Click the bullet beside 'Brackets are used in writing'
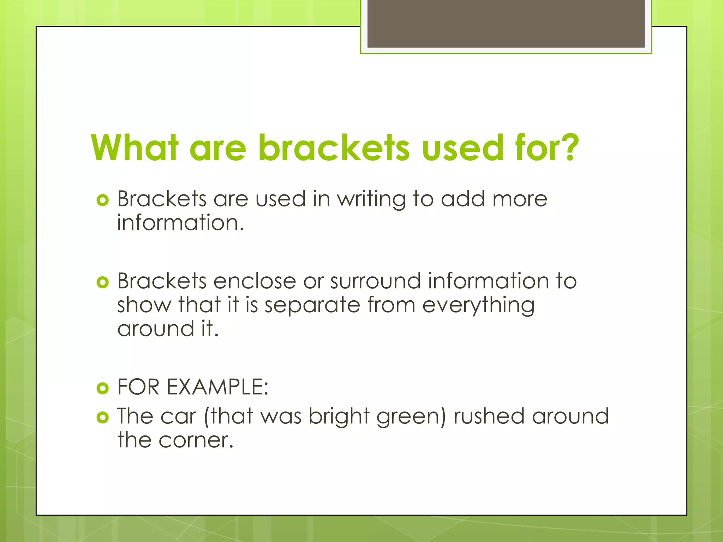[x=102, y=200]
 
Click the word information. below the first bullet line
[x=180, y=223]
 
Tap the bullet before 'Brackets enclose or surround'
[x=102, y=282]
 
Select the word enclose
[x=255, y=281]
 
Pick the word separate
[x=312, y=305]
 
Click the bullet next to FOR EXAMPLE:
[x=102, y=389]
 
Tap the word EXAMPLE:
[x=217, y=387]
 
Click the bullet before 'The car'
[x=102, y=418]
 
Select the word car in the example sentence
[x=178, y=417]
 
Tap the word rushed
[x=489, y=416]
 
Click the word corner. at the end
[x=196, y=441]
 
